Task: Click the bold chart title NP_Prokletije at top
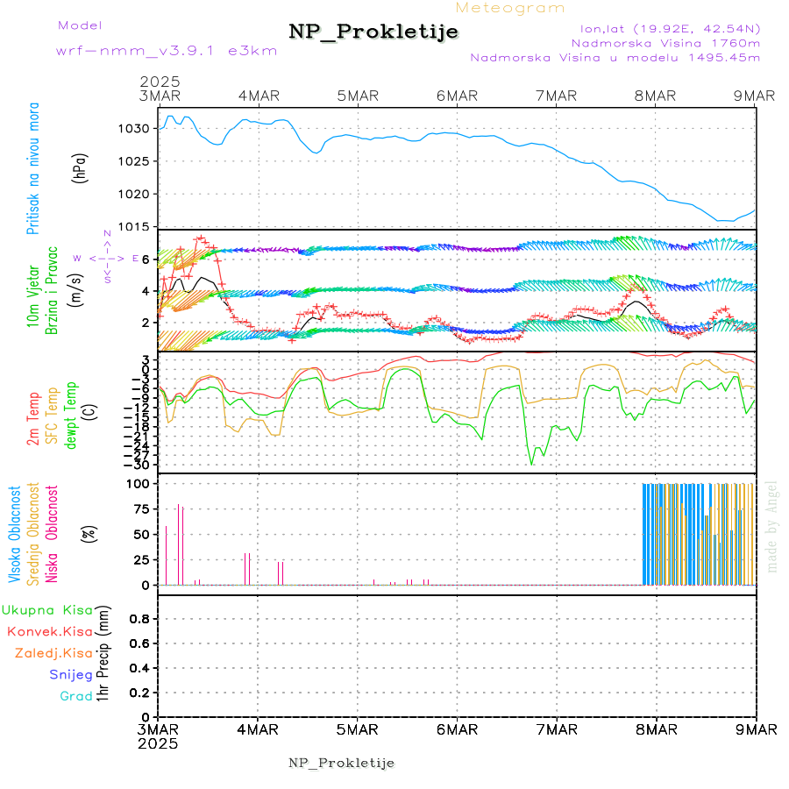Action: (x=373, y=32)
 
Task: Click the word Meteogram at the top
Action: (x=511, y=8)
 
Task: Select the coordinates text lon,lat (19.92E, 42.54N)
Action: (x=665, y=28)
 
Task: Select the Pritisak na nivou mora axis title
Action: (x=34, y=171)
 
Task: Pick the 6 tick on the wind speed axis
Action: (x=147, y=259)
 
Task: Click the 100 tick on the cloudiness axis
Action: (x=139, y=483)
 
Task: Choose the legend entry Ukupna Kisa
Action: (x=46, y=610)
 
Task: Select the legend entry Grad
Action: (x=76, y=696)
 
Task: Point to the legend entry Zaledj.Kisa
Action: (x=53, y=652)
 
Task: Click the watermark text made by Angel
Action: (x=772, y=526)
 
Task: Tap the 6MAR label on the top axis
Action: (x=457, y=96)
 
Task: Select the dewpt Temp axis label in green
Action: (x=71, y=415)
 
